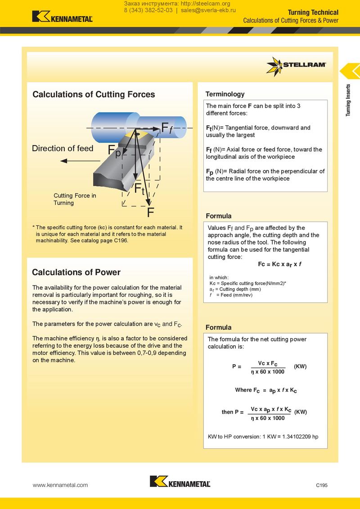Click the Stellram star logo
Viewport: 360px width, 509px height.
(x=274, y=66)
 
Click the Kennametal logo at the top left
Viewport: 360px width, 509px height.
(x=62, y=17)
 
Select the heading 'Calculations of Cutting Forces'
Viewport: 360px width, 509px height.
(x=94, y=94)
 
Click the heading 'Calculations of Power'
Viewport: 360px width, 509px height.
(x=76, y=272)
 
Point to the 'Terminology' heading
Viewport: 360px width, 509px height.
(x=225, y=94)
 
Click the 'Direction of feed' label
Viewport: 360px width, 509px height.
(x=63, y=148)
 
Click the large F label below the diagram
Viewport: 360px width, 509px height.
(x=150, y=212)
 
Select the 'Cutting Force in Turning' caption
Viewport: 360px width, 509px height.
(x=75, y=199)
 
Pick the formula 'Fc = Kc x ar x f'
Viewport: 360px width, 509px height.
(x=279, y=264)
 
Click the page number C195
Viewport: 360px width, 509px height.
(x=322, y=485)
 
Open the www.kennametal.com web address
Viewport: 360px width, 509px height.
(x=60, y=485)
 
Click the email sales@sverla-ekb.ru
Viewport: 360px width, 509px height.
(x=208, y=10)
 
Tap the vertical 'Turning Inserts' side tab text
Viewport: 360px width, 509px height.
(x=348, y=100)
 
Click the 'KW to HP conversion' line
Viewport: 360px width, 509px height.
(x=263, y=437)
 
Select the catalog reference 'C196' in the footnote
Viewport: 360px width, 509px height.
(x=121, y=241)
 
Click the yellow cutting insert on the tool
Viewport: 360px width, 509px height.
(x=136, y=134)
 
